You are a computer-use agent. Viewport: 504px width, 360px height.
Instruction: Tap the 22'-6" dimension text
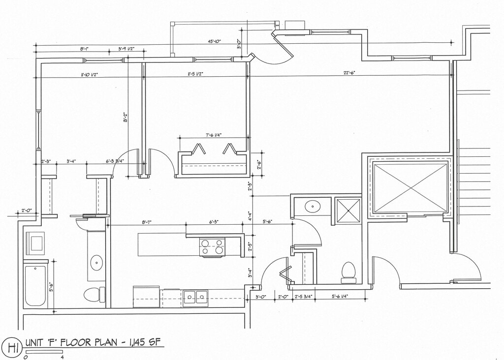click(x=349, y=73)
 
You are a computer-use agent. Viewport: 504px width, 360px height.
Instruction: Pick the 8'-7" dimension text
click(x=147, y=222)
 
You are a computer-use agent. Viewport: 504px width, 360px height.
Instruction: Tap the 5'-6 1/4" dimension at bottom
click(x=340, y=297)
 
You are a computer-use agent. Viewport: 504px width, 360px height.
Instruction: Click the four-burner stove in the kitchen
click(x=212, y=247)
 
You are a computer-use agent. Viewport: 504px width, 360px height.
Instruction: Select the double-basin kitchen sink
click(x=195, y=297)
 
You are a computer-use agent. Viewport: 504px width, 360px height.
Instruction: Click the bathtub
click(x=35, y=285)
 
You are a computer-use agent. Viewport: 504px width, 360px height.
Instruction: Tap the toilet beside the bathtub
click(x=94, y=295)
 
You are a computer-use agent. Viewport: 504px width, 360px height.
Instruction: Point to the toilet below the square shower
click(x=348, y=272)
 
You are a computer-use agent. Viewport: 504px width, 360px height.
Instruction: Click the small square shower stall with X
click(x=348, y=210)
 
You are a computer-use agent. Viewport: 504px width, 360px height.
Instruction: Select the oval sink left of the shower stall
click(x=313, y=206)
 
